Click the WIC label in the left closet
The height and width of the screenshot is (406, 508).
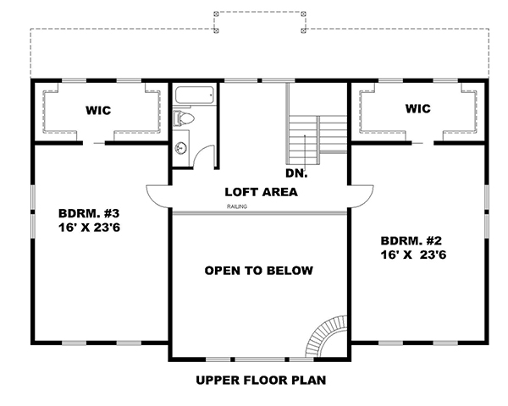99,110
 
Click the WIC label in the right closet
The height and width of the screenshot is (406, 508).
417,109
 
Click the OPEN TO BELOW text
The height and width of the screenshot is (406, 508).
259,271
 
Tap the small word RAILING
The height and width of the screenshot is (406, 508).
237,206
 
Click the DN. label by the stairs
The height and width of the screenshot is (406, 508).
296,173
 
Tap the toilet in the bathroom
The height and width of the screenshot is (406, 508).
183,119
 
